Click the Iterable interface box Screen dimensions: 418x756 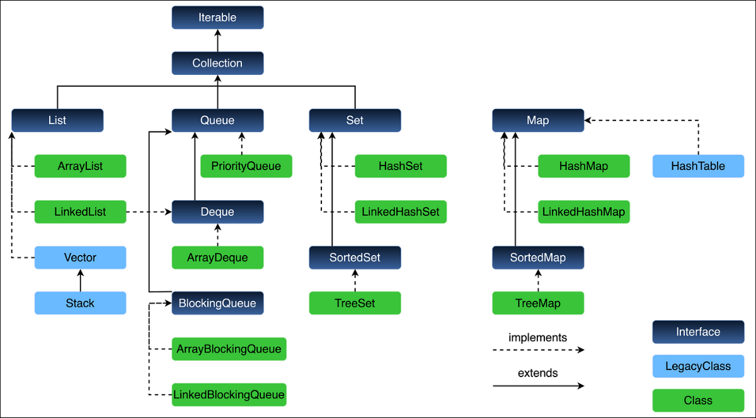pos(217,18)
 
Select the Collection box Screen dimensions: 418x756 pos(217,64)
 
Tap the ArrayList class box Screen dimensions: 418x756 pos(80,166)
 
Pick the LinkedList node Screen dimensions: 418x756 pos(80,212)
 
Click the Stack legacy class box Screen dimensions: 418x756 pos(80,303)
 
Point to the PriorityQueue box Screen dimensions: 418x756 pos(246,166)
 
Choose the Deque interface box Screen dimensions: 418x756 pos(217,212)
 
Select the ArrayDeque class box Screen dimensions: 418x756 pos(217,257)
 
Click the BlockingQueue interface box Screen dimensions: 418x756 pos(217,303)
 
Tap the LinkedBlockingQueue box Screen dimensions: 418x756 pos(229,395)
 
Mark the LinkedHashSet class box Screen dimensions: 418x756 pos(401,212)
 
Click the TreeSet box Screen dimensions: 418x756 pos(355,303)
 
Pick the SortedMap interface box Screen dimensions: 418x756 pos(537,257)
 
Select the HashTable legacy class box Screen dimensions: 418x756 pos(698,166)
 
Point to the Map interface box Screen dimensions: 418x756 pos(537,120)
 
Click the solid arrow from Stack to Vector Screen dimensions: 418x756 pos(80,280)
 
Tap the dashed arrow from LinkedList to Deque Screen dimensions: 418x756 pos(149,212)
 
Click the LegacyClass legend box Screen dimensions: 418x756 pos(698,366)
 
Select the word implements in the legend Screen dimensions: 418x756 pos(537,337)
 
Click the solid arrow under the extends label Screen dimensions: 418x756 pos(537,386)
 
